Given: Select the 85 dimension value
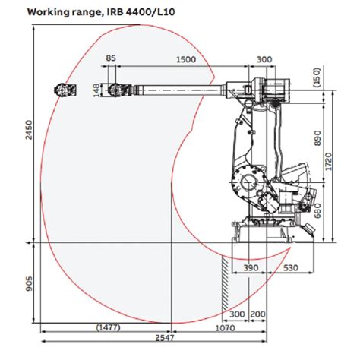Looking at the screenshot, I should point(112,58).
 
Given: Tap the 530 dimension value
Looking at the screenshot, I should point(291,269).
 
